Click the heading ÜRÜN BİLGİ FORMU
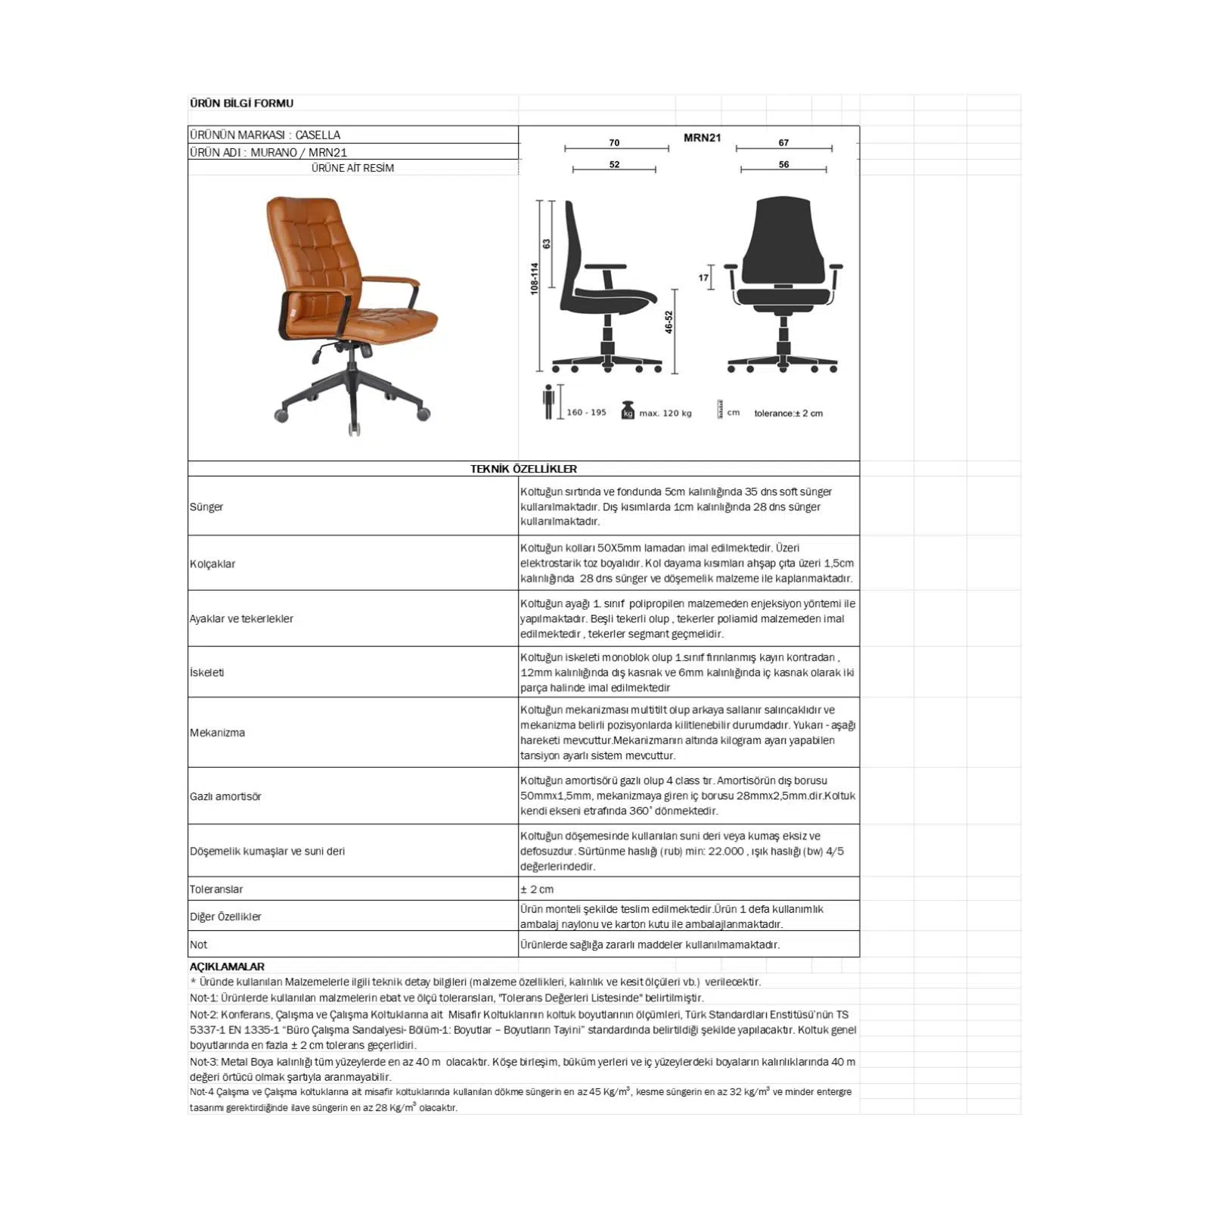click(241, 104)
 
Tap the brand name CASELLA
click(318, 135)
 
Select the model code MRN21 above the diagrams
click(702, 138)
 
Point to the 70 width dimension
click(614, 142)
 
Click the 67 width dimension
click(783, 142)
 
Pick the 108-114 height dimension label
click(535, 278)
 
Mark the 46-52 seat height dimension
click(669, 322)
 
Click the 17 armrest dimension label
click(703, 278)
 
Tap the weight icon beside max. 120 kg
click(628, 411)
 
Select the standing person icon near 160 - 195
click(548, 402)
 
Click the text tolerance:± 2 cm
click(788, 414)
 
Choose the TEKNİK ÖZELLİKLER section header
click(523, 469)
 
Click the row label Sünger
click(206, 507)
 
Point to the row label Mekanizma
click(217, 733)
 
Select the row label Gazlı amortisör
click(225, 796)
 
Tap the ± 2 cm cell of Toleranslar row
click(537, 889)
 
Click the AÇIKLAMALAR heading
click(227, 966)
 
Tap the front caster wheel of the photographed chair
click(355, 429)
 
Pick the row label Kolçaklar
click(213, 564)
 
